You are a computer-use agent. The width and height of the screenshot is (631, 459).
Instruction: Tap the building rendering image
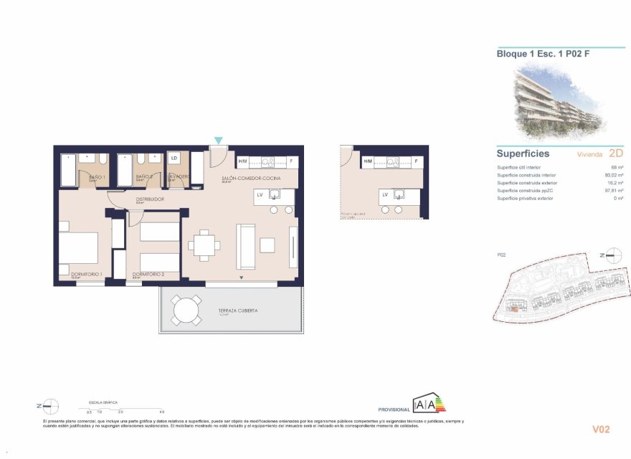coord(559,100)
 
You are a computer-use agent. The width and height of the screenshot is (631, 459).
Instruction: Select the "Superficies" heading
coord(523,153)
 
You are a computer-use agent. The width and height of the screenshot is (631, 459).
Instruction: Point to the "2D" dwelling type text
coord(615,153)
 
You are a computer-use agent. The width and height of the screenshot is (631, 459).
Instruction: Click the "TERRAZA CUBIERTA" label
coord(238,311)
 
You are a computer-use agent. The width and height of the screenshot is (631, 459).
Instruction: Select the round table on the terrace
coord(186,311)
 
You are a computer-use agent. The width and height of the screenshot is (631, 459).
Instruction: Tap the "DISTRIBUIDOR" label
coord(151,199)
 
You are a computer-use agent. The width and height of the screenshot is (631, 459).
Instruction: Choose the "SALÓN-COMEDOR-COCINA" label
coord(250,177)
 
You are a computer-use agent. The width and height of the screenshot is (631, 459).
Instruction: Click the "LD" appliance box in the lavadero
coord(174,157)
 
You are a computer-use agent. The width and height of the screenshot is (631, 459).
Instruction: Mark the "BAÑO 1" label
coord(97,176)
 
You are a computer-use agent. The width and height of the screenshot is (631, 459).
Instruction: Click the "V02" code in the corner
coord(600,430)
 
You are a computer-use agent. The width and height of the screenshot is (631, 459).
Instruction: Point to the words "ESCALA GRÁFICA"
coord(103,403)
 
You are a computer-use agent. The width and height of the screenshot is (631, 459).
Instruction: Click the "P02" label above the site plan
coord(502,255)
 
